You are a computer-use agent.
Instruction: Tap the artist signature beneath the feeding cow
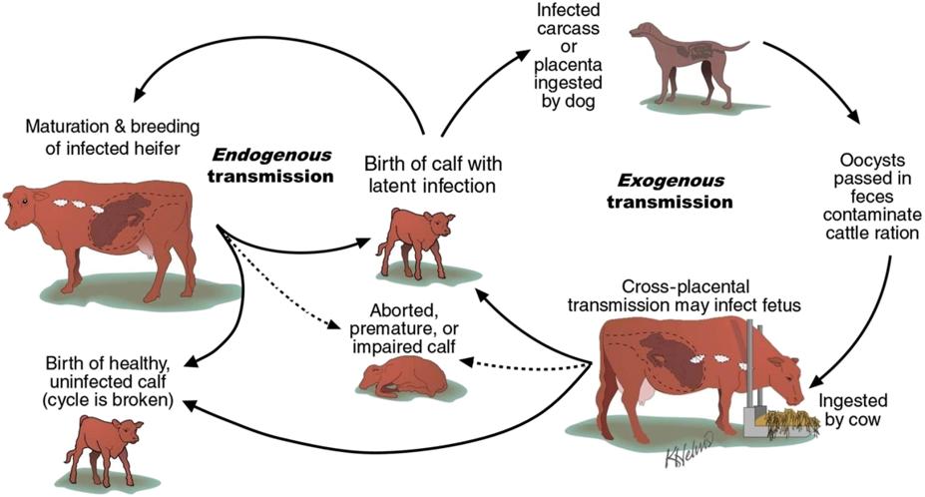689,457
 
